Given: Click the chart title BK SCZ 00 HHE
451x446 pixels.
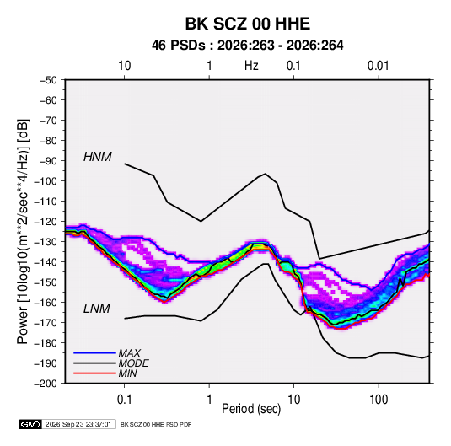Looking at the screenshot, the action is (247, 24).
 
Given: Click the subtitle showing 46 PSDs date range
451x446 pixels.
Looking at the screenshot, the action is (247, 46).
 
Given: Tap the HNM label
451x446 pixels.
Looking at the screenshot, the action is (98, 157).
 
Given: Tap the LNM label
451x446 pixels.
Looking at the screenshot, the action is (97, 309).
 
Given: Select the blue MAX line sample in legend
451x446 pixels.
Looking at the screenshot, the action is (94, 352).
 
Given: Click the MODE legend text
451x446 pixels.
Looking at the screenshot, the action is (133, 363).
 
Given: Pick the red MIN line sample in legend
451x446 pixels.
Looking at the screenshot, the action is (94, 373).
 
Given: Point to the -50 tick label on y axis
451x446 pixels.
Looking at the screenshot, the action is (48, 80).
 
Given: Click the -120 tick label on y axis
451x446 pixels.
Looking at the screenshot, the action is (46, 222).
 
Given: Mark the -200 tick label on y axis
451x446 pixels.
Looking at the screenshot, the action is (46, 384).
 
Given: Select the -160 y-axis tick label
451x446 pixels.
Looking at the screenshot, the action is (46, 303).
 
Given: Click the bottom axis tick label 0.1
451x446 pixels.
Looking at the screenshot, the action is (124, 400).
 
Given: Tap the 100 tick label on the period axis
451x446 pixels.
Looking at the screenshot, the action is (379, 400).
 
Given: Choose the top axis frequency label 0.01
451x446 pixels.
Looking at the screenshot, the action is (379, 66).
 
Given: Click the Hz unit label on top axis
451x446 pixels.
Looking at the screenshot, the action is (251, 66).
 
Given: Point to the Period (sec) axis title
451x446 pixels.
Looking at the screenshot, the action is (251, 409).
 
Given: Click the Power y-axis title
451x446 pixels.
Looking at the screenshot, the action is (23, 232).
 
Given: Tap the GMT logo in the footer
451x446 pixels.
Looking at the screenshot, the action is (30, 424).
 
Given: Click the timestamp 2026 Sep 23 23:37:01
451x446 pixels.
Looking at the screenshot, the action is (78, 424).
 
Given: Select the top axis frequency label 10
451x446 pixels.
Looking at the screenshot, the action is (125, 66).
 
